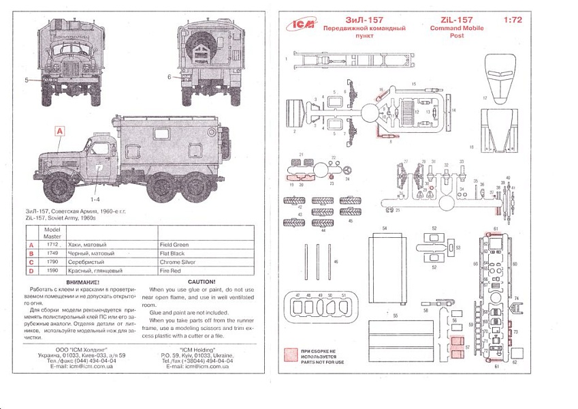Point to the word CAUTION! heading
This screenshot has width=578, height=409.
tap(201, 282)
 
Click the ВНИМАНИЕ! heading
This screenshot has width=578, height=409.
tap(79, 282)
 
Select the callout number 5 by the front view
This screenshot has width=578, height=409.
tap(27, 80)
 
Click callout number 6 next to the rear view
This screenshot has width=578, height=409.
tap(168, 77)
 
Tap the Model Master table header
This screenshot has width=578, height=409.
tap(52, 232)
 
